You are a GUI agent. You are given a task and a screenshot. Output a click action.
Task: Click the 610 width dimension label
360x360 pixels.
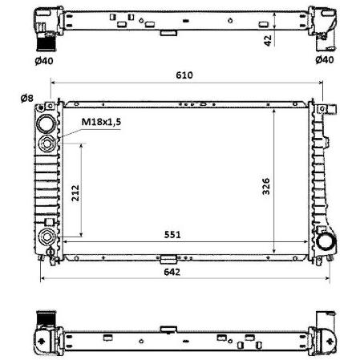click(x=184, y=75)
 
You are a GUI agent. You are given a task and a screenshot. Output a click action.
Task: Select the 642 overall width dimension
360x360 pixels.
click(x=172, y=272)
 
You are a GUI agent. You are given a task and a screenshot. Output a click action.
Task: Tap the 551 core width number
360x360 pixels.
click(x=172, y=235)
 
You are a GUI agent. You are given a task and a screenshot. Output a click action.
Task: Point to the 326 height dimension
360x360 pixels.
click(x=266, y=186)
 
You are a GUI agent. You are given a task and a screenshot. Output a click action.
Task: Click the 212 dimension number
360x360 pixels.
click(x=75, y=192)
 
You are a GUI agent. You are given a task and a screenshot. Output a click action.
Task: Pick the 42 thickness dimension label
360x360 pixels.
click(x=268, y=41)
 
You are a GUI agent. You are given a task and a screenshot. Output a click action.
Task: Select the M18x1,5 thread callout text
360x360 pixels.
click(x=101, y=122)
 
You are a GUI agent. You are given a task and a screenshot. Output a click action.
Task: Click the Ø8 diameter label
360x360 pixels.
click(x=27, y=99)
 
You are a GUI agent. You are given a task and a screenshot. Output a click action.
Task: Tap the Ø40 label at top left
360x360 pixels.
click(x=44, y=61)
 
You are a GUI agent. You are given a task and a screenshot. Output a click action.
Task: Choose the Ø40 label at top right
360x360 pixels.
click(x=325, y=59)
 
